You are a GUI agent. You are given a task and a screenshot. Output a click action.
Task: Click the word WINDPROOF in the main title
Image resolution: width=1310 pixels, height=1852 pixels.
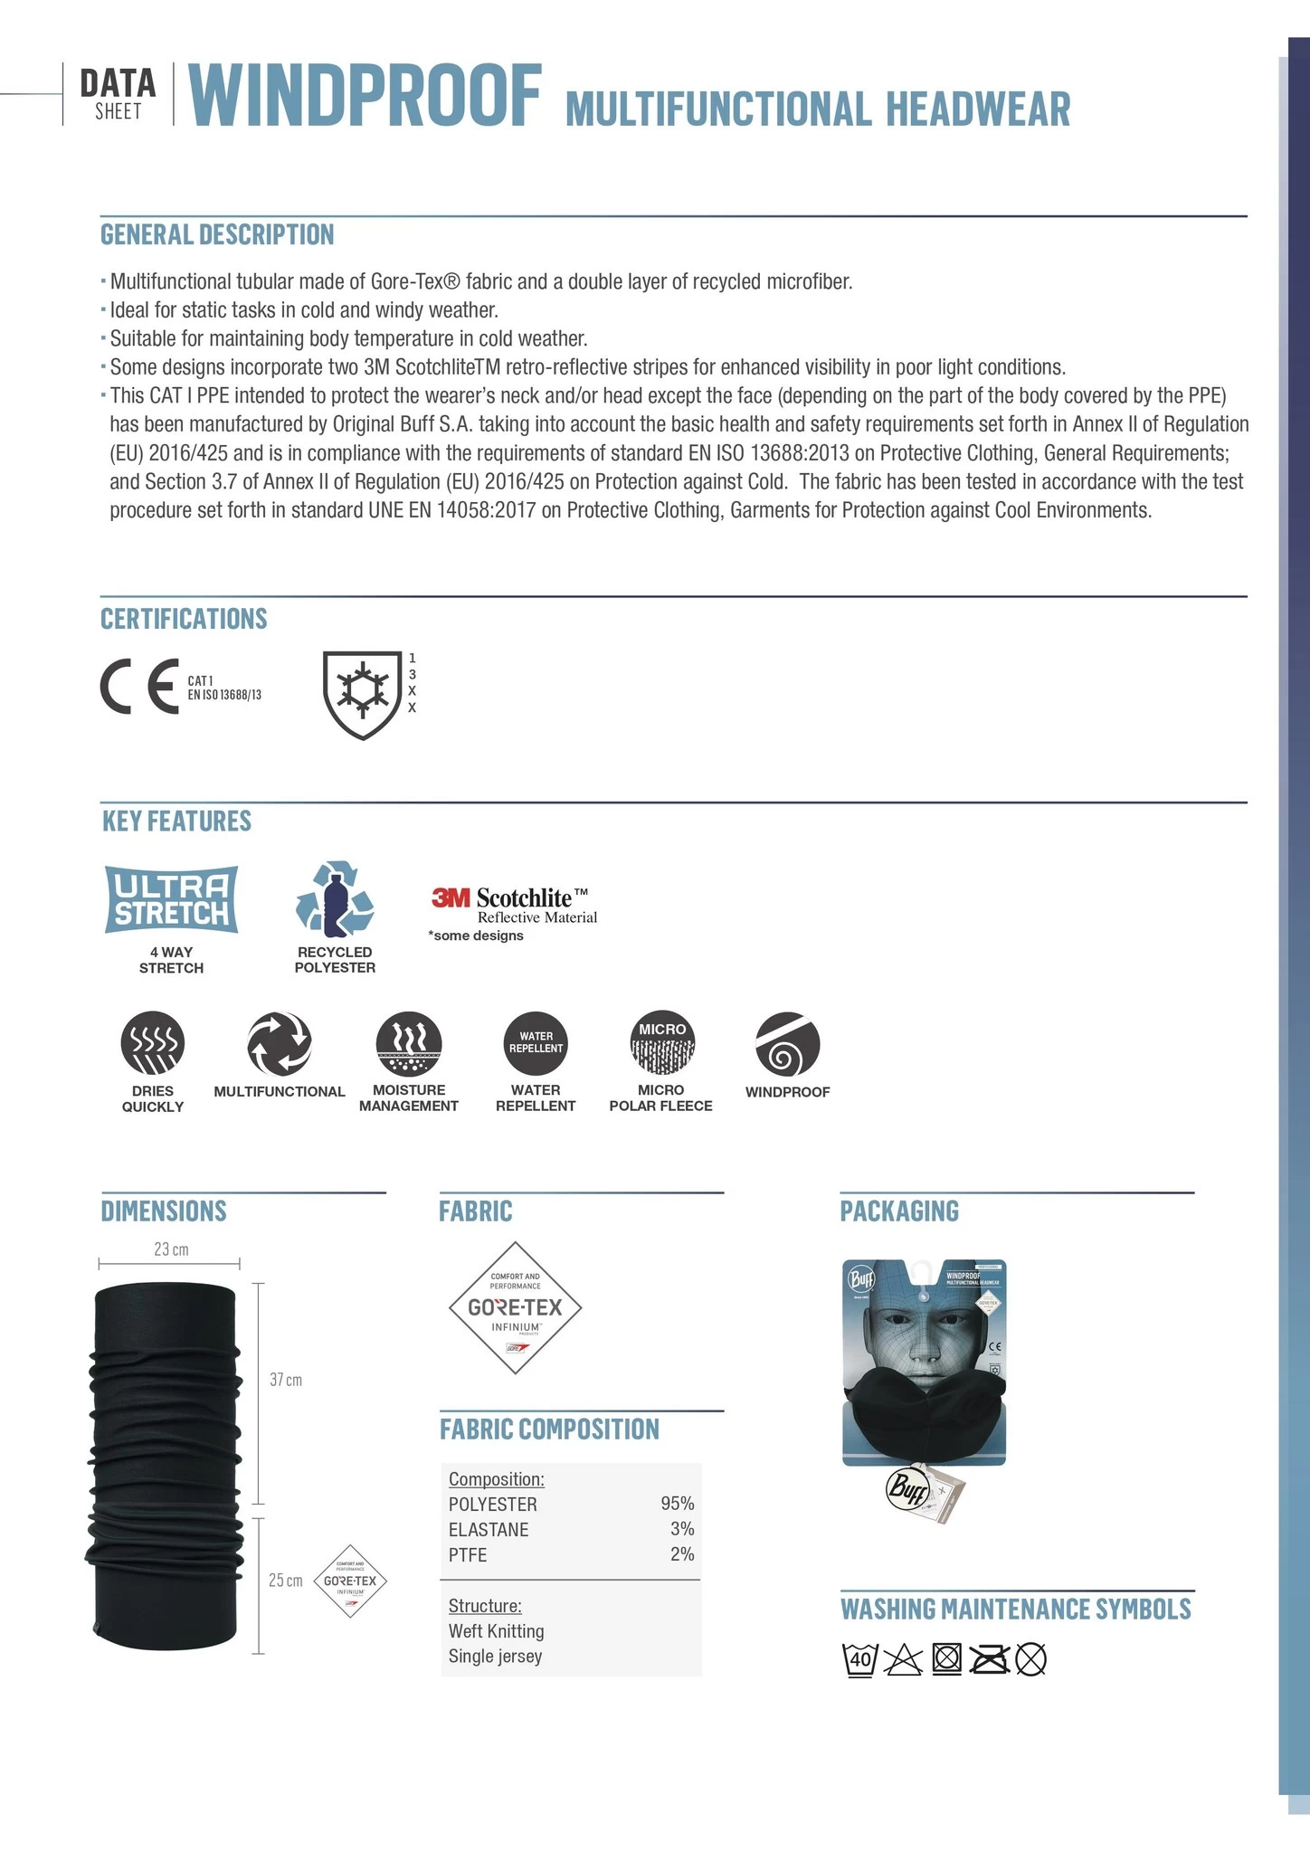(x=365, y=97)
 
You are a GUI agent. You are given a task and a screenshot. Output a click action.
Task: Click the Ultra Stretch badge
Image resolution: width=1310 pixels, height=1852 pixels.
(x=172, y=899)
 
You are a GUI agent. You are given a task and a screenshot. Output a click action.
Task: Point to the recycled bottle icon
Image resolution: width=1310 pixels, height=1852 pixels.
(x=335, y=899)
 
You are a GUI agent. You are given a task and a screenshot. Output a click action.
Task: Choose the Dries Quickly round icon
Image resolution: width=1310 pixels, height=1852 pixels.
(x=153, y=1043)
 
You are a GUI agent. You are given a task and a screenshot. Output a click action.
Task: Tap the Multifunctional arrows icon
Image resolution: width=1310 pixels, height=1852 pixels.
(x=280, y=1043)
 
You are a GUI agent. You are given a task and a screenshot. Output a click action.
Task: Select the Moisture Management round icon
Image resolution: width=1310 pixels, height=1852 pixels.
(x=409, y=1043)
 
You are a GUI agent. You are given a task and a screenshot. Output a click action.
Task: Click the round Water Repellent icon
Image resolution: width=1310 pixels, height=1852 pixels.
(x=536, y=1043)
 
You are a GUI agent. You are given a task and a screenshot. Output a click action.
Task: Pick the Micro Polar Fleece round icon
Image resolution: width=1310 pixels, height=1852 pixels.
(x=661, y=1043)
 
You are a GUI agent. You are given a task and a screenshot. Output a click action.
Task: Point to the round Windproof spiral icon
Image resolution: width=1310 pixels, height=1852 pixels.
(x=787, y=1043)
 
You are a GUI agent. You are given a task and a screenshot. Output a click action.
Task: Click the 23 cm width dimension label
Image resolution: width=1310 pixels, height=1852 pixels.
(x=171, y=1249)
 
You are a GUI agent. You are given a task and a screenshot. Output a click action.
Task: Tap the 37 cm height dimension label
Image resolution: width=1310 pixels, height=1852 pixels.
(x=286, y=1380)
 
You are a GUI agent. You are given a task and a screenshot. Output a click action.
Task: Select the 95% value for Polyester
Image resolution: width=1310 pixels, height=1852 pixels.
(x=678, y=1504)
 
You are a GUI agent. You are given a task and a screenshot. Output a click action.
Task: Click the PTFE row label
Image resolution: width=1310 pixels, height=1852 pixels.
(x=468, y=1554)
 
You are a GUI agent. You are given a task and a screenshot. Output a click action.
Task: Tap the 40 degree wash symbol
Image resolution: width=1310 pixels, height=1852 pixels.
(x=859, y=1659)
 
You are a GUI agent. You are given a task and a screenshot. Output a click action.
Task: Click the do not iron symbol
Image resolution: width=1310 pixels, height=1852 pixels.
(x=989, y=1659)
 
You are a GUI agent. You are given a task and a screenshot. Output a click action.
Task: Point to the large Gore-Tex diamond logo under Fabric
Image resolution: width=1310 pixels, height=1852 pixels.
(x=515, y=1307)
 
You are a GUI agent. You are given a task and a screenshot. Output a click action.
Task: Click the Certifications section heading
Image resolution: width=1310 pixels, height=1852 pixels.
(x=184, y=619)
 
